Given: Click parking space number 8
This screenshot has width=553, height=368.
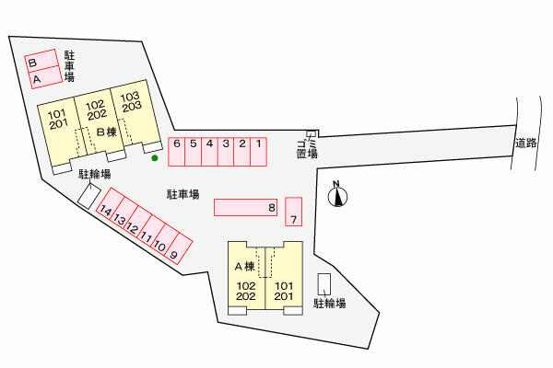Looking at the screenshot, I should click(x=245, y=208).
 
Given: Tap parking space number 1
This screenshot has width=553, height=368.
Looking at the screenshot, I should click(x=259, y=151).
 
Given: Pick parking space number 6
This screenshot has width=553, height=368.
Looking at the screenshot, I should click(x=176, y=151).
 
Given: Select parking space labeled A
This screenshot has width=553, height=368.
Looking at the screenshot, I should click(x=41, y=79).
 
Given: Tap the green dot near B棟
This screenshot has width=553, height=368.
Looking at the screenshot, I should click(x=155, y=158).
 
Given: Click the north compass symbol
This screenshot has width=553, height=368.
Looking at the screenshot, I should click(x=337, y=194).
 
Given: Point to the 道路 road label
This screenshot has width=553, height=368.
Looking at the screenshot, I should click(x=527, y=144).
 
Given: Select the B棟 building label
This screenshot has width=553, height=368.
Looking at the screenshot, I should click(x=106, y=132).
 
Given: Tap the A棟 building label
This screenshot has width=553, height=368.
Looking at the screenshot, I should click(x=244, y=266).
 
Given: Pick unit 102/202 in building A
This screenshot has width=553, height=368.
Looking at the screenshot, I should click(x=246, y=291).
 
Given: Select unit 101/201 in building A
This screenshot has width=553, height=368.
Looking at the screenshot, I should click(x=284, y=291).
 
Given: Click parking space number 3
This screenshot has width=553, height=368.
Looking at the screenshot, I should click(x=226, y=151).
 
